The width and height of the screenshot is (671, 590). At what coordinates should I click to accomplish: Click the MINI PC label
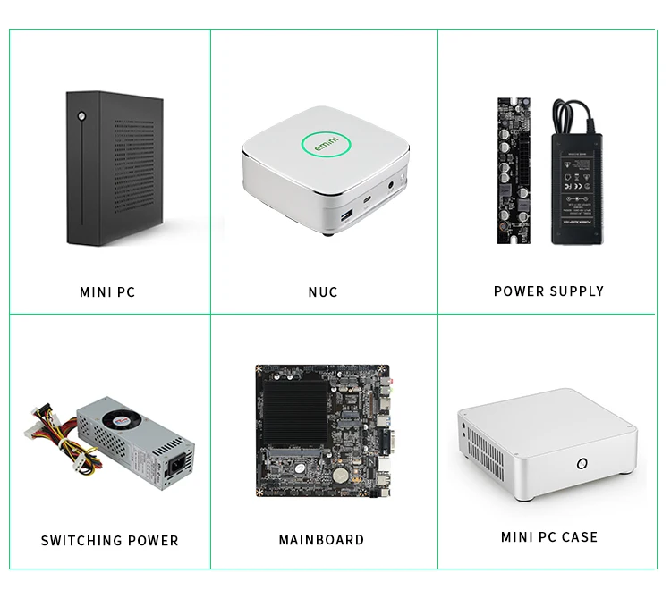pos(107,292)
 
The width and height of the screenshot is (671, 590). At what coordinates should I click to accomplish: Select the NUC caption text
pos(323,292)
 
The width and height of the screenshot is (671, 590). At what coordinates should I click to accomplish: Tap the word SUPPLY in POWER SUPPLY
pos(574,291)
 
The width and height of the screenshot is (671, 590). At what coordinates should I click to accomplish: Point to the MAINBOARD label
pos(322,540)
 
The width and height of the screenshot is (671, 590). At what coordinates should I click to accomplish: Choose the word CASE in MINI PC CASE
pos(578,537)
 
